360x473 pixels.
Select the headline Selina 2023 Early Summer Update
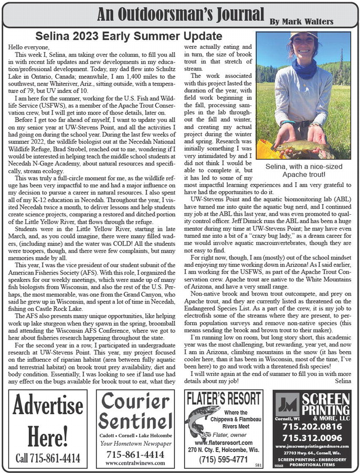(x=129, y=36)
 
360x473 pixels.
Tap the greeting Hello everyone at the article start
(x=27, y=47)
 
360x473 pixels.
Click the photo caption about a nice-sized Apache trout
(x=303, y=170)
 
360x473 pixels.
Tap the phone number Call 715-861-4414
(x=48, y=458)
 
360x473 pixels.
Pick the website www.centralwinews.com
(x=135, y=463)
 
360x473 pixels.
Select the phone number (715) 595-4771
(x=224, y=459)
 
